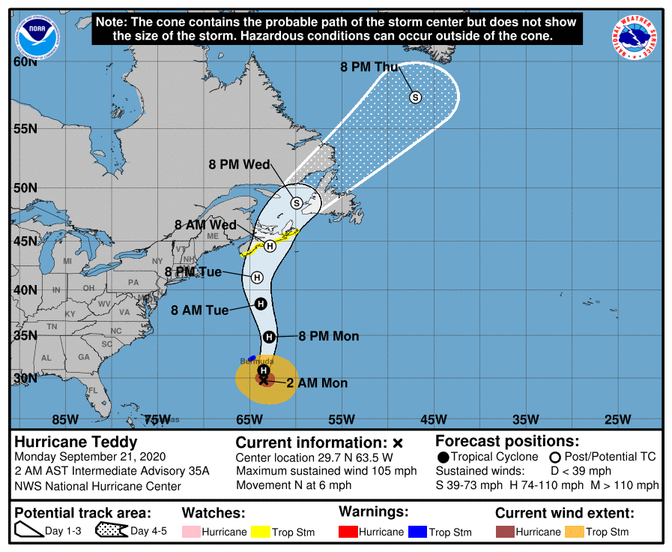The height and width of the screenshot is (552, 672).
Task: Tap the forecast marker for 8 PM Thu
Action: coord(415,97)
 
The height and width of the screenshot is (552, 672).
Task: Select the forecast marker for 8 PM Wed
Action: coord(296,202)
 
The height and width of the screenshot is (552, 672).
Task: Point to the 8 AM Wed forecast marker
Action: coord(270,245)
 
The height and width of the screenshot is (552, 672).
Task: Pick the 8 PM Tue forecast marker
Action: coord(257,277)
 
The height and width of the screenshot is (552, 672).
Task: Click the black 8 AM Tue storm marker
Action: coord(261,304)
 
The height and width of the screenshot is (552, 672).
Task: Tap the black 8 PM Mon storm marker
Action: coord(269,337)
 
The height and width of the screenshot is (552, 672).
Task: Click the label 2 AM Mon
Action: coord(317,383)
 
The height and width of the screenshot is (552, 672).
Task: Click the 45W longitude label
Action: coord(433,419)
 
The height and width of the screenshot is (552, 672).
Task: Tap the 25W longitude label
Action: coord(617,419)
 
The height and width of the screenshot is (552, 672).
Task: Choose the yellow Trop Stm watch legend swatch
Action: coord(261,532)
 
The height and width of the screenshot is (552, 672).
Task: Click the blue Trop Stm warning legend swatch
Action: coord(417,532)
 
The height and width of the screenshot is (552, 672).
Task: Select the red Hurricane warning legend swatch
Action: coord(349,532)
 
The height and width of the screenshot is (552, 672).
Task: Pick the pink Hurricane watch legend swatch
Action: coord(193,532)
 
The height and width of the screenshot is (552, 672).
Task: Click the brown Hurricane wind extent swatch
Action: coord(506,532)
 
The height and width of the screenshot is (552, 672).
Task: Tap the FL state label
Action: coord(93,390)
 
